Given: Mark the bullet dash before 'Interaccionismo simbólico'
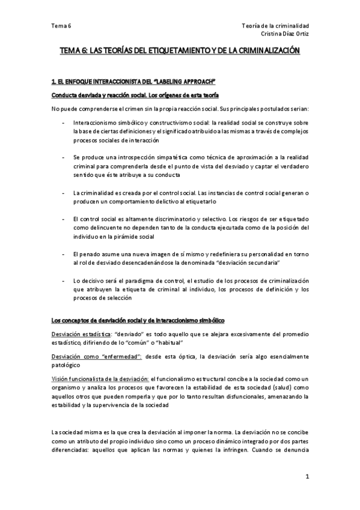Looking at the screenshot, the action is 64,122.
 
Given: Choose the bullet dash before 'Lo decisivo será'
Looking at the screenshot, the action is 64,281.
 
